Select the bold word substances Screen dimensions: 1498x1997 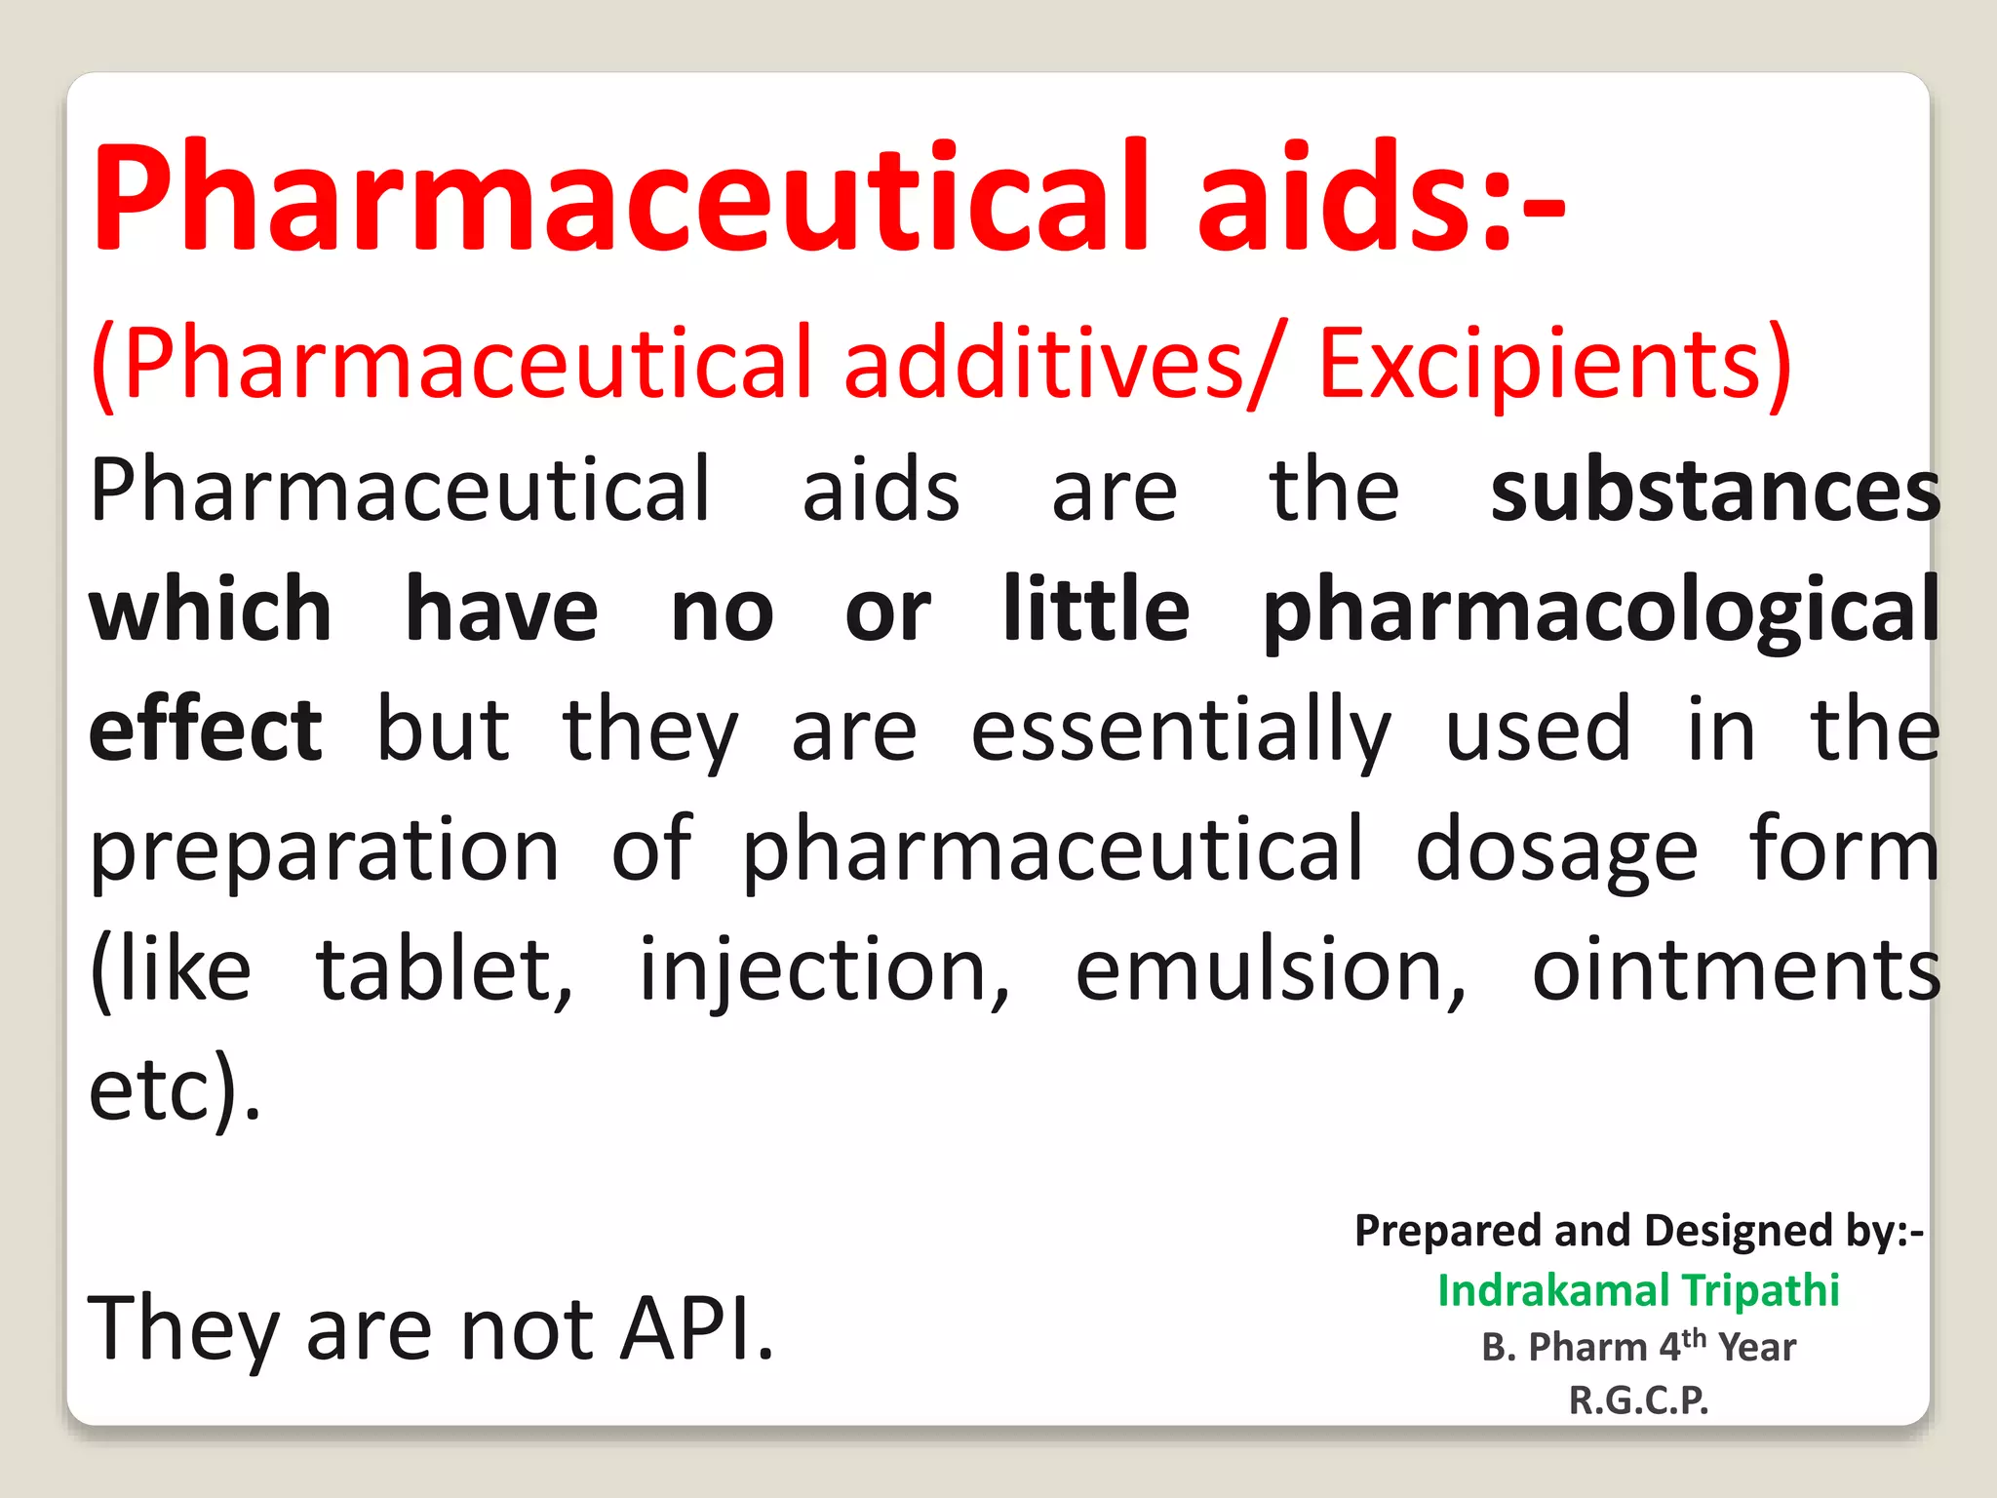coord(1714,491)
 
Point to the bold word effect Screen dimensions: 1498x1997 coord(205,729)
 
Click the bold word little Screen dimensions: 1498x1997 coord(1096,611)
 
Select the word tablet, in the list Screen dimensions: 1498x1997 coord(445,971)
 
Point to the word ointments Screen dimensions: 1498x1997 coord(1736,969)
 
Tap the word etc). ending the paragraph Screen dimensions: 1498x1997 coord(175,1090)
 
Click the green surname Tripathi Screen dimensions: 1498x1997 coord(1760,1290)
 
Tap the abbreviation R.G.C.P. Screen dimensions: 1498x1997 coord(1638,1400)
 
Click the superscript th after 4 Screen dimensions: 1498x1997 coord(1695,1336)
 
